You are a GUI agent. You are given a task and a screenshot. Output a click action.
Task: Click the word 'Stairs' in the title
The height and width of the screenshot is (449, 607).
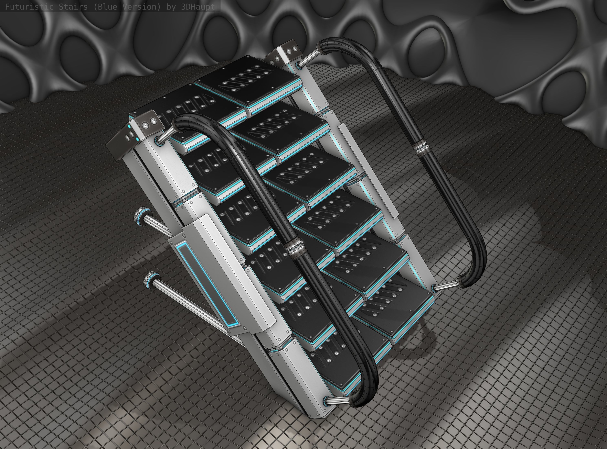tap(75, 7)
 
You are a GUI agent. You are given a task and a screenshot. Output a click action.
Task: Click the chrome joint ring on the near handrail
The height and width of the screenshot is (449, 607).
tap(294, 247)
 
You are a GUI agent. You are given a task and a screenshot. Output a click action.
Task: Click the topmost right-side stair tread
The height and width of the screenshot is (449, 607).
tap(248, 79)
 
